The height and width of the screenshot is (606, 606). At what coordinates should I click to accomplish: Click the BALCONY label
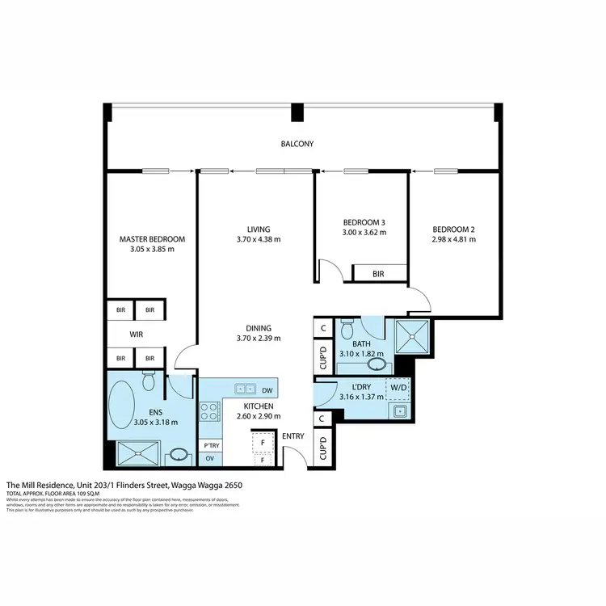297,144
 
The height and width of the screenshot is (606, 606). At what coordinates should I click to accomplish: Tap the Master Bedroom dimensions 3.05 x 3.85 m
152,250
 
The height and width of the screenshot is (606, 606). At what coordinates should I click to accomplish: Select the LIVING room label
259,229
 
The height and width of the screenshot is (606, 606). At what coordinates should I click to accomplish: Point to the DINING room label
259,328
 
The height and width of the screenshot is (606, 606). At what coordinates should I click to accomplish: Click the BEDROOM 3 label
364,221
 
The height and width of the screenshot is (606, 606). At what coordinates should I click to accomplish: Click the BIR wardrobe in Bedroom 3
378,274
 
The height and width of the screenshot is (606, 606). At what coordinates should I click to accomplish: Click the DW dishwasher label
267,389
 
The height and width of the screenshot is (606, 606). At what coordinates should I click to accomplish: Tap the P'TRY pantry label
211,445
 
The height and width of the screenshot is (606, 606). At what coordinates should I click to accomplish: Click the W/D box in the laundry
398,387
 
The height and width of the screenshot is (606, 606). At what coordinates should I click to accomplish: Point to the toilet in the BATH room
347,330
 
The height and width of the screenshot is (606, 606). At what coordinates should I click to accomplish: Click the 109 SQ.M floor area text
79,493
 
